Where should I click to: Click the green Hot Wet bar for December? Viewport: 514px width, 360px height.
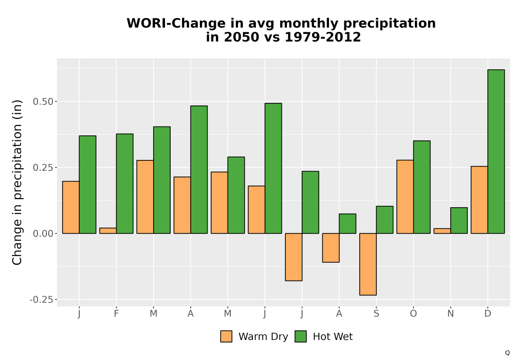[496, 152]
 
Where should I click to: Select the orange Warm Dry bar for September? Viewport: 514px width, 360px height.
[368, 264]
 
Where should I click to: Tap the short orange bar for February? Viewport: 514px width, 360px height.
[108, 231]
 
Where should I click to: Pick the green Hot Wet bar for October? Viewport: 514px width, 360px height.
[422, 187]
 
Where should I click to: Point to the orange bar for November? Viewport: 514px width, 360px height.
[442, 231]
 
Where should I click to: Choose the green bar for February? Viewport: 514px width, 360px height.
[124, 184]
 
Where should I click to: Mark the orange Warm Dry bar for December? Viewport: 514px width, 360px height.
[479, 200]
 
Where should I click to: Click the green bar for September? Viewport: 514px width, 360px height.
[384, 220]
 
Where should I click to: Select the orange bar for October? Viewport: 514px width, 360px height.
[405, 197]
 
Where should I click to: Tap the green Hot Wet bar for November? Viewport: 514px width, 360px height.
[459, 220]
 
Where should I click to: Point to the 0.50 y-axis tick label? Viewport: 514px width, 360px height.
[43, 102]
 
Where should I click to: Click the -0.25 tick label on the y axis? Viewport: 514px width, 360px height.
[41, 300]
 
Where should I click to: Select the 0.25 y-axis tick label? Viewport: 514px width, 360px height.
[43, 168]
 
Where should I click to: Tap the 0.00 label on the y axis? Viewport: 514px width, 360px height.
[43, 233]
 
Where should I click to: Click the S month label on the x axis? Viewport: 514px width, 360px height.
[376, 314]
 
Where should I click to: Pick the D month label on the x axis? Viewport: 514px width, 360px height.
[488, 314]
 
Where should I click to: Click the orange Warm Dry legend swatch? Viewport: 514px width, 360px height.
[226, 336]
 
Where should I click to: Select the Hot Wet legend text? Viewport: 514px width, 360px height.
[333, 337]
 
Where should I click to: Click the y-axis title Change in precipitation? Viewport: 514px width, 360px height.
[17, 182]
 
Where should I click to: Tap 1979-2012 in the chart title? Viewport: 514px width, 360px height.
[323, 37]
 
